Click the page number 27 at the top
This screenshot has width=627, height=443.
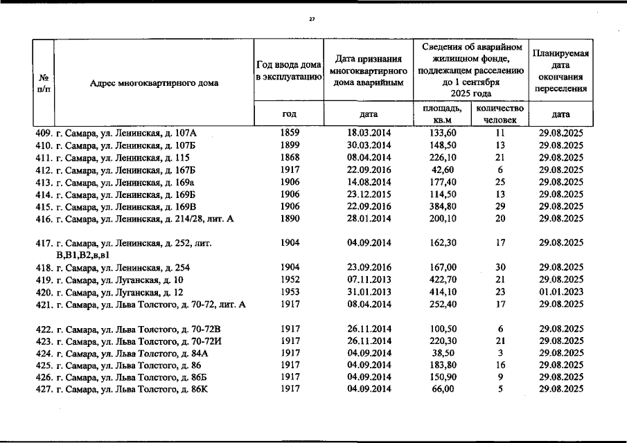pos(312,19)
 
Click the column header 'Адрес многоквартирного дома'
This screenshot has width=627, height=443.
pos(154,83)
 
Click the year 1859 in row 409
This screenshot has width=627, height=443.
pos(290,132)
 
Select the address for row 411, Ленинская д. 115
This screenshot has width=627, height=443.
pos(114,158)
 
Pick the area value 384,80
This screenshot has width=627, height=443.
pos(442,207)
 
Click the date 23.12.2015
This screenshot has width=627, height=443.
pos(369,195)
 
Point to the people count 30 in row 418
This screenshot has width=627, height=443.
pos(500,268)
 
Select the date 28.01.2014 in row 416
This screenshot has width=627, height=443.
pos(369,219)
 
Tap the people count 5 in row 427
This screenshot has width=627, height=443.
pos(500,390)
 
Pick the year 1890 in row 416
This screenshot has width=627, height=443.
pos(290,219)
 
